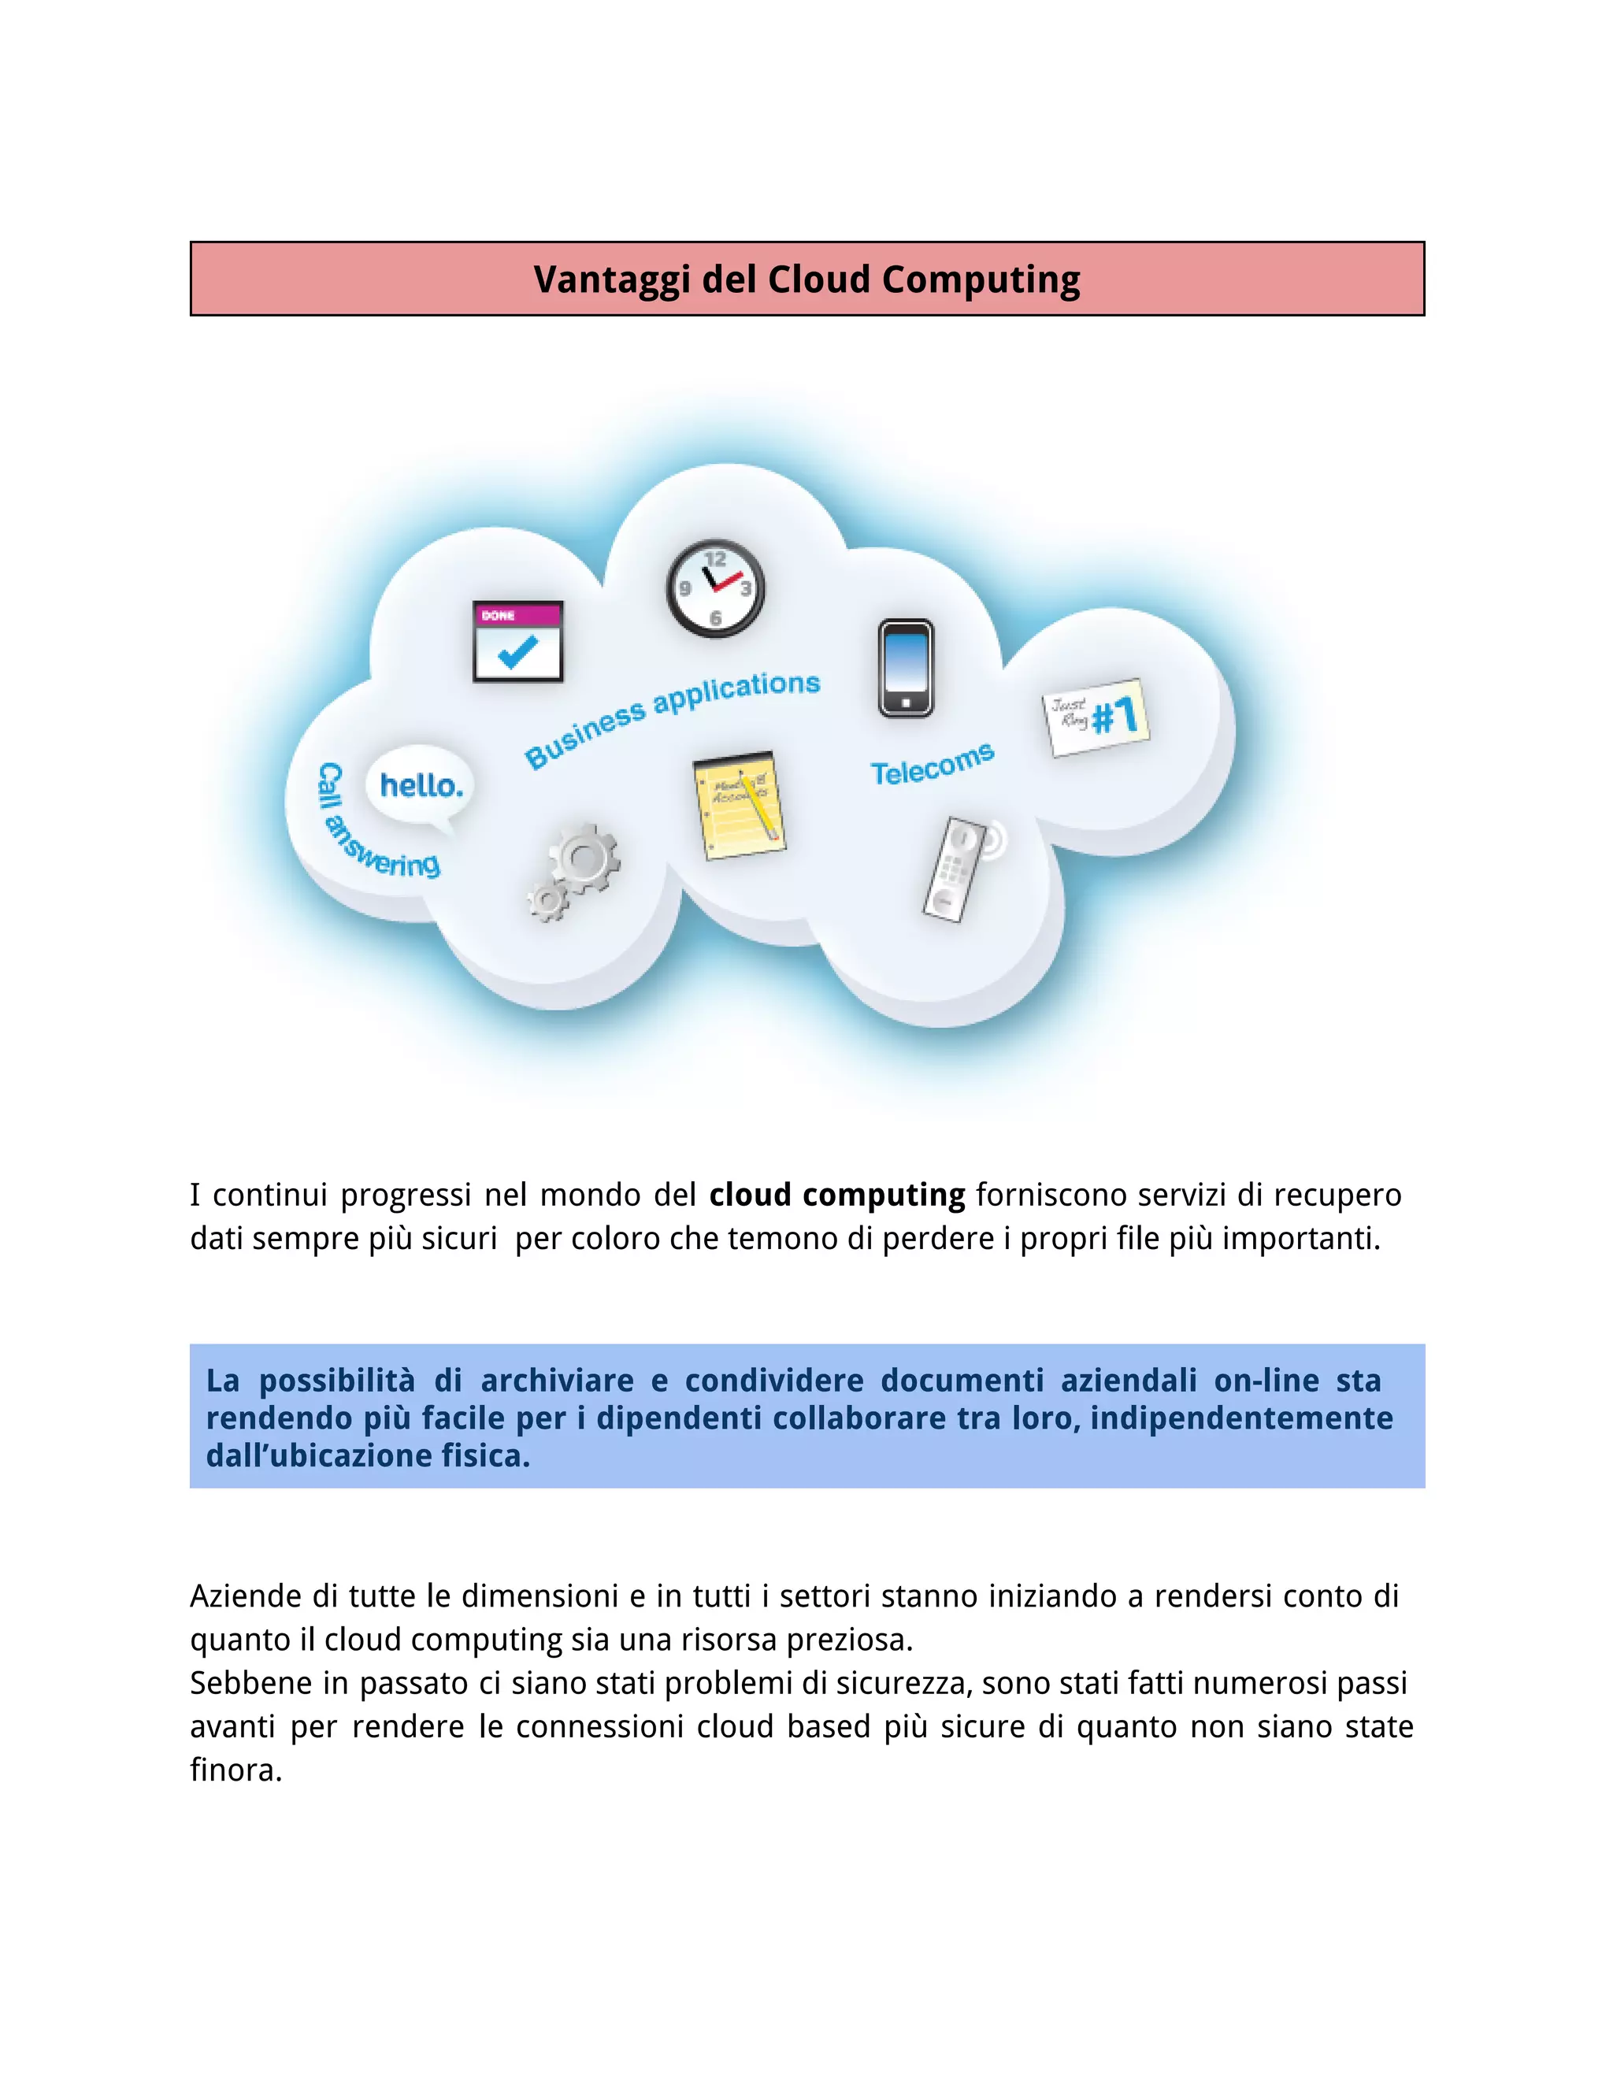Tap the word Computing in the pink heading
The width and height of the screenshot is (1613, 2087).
point(981,281)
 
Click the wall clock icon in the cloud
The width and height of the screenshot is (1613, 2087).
point(715,588)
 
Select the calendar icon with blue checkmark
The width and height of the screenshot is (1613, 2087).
point(518,641)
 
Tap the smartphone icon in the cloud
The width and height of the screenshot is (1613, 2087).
point(905,668)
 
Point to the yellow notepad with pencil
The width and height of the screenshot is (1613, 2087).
point(738,805)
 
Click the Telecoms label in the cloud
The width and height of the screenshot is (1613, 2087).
point(932,765)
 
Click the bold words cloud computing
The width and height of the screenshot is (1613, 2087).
point(837,1195)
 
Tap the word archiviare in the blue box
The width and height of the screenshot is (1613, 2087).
point(557,1381)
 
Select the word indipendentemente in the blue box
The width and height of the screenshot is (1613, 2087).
point(1241,1418)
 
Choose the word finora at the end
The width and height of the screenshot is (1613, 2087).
point(235,1770)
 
